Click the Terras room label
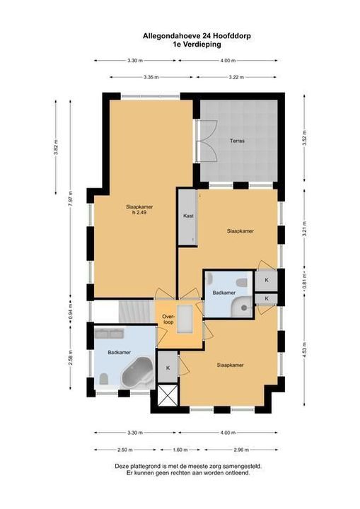pyautogui.click(x=237, y=141)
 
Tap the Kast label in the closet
pyautogui.click(x=188, y=216)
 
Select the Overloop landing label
pyautogui.click(x=168, y=320)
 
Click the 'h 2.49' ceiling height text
pyautogui.click(x=139, y=213)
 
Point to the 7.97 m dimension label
pyautogui.click(x=70, y=199)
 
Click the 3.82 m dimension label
pyautogui.click(x=56, y=147)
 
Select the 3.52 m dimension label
pyautogui.click(x=304, y=138)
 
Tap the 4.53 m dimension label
pyautogui.click(x=304, y=349)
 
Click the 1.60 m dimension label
pyautogui.click(x=180, y=450)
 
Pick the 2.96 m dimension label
pyautogui.click(x=241, y=450)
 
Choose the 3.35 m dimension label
pyautogui.click(x=151, y=77)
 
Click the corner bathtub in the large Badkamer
pyautogui.click(x=137, y=373)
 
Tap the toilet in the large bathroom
pyautogui.click(x=104, y=378)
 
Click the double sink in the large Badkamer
pyautogui.click(x=109, y=334)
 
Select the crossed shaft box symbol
pyautogui.click(x=168, y=394)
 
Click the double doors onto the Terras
pyautogui.click(x=207, y=141)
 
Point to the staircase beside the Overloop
pyautogui.click(x=137, y=312)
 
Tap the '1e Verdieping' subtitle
pyautogui.click(x=197, y=45)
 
